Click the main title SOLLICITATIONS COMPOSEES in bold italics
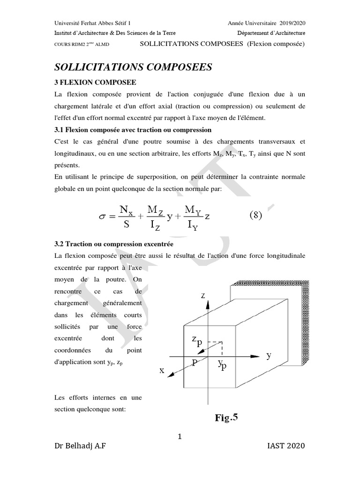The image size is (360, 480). click(x=134, y=67)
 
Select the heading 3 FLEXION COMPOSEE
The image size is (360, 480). click(x=96, y=82)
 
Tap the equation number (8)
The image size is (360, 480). click(x=255, y=216)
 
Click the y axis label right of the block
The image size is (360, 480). click(x=269, y=355)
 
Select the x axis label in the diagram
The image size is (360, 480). click(x=162, y=370)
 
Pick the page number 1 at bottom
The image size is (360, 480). click(x=180, y=437)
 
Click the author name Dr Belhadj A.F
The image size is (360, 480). click(x=80, y=446)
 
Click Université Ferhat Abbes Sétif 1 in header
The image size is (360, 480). click(x=92, y=23)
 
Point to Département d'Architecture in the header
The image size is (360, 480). click(x=271, y=33)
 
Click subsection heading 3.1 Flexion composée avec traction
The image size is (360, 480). click(x=133, y=129)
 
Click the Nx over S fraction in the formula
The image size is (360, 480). click(x=126, y=216)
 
